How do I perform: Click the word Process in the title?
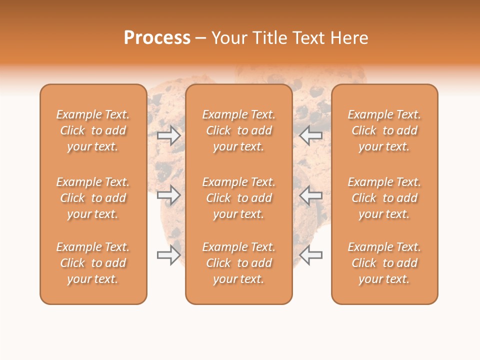[x=157, y=38]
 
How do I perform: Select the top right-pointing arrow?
[x=169, y=135]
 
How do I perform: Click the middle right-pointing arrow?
[x=169, y=195]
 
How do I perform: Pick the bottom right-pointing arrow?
[x=169, y=255]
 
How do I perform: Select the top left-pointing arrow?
[x=311, y=135]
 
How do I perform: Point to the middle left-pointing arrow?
[x=311, y=195]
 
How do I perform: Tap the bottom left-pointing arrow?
[x=311, y=255]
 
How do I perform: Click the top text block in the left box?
[x=93, y=130]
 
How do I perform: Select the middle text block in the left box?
[x=93, y=198]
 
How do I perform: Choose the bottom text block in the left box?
[x=93, y=263]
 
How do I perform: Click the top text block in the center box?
[x=239, y=130]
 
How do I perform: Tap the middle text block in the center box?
[x=239, y=198]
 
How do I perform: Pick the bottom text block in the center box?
[x=239, y=263]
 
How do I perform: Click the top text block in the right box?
[x=384, y=130]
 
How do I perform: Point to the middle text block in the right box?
[x=384, y=198]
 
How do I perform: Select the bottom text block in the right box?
[x=384, y=263]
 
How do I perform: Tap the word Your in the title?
[x=228, y=38]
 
